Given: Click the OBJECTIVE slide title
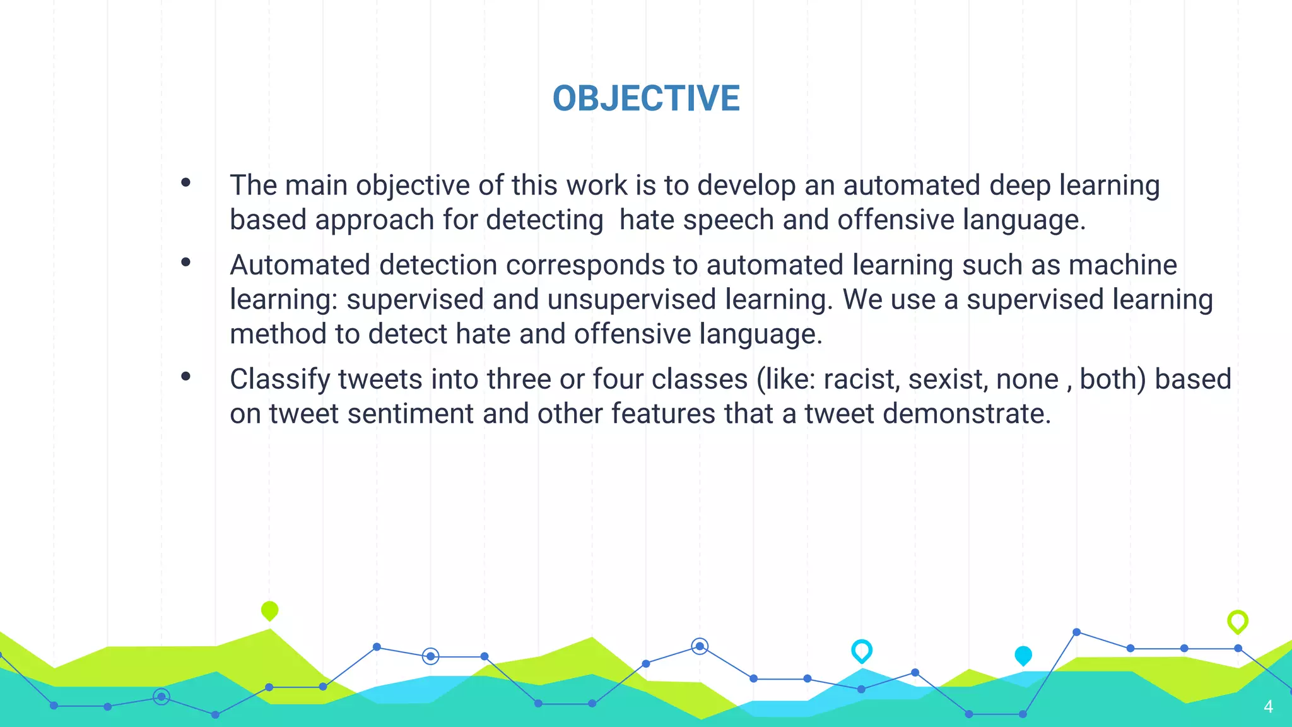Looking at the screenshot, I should coord(646,98).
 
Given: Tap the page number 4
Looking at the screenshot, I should coord(1268,707).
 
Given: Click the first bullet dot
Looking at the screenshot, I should coord(185,183).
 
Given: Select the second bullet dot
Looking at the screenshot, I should coord(185,262).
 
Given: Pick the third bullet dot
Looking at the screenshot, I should coord(185,377).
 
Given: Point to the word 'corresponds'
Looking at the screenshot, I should coord(585,266).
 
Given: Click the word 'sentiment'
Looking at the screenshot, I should coord(410,414).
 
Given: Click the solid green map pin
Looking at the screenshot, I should coord(269,610).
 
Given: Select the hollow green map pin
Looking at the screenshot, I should coord(1238,621).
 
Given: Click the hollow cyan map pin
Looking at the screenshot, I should coord(862,650).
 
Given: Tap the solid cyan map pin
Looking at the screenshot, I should coord(1023,655).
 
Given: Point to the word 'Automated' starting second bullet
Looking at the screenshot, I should coord(300,265).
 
